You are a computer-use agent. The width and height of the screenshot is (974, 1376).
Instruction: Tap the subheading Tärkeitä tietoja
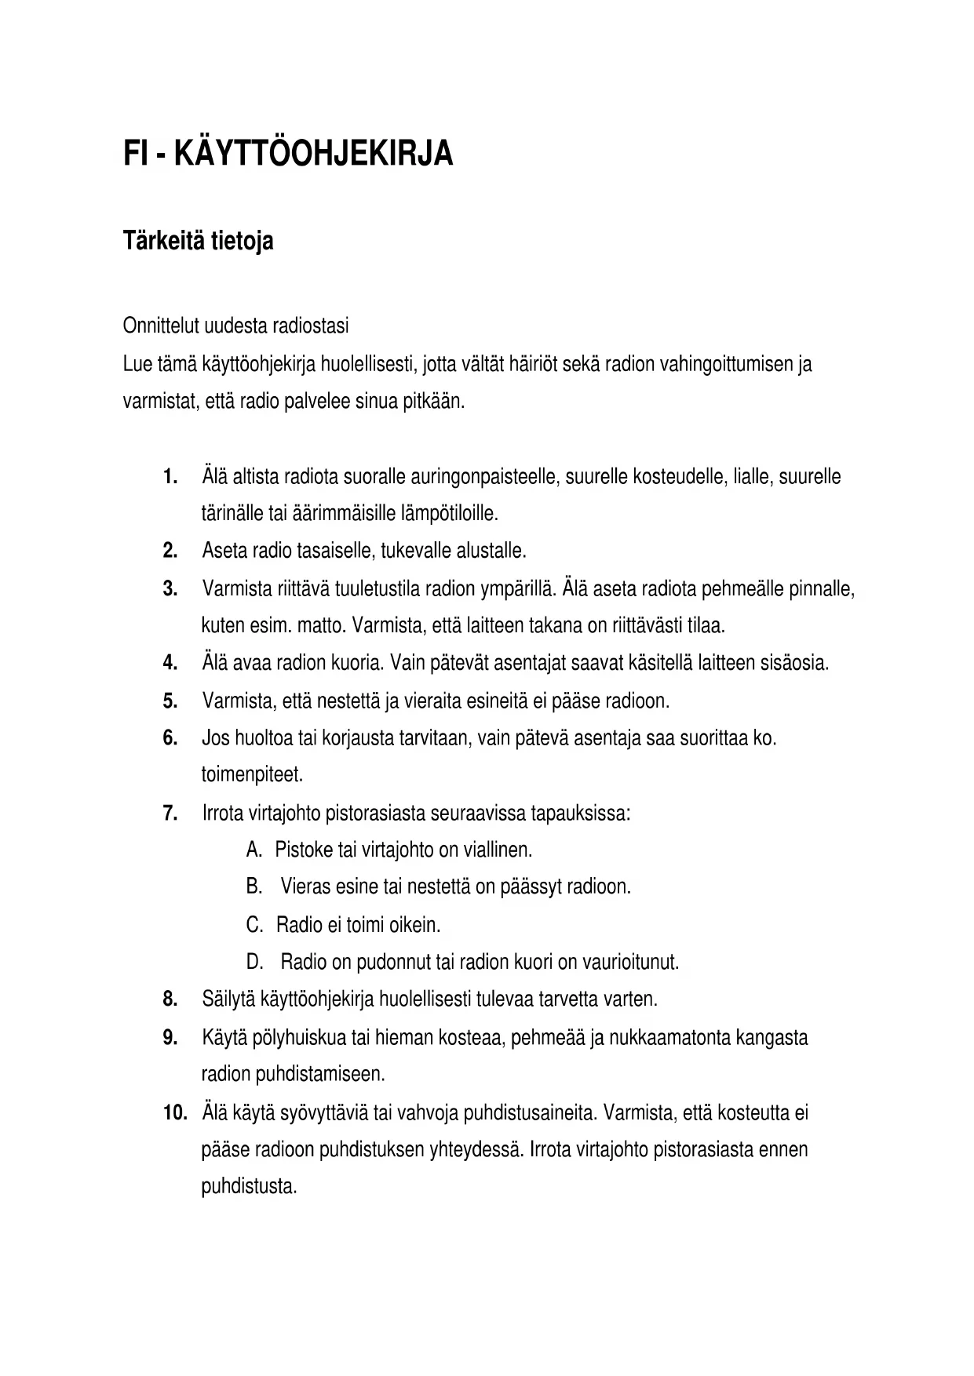[198, 241]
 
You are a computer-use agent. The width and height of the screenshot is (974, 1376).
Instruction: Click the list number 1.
[169, 477]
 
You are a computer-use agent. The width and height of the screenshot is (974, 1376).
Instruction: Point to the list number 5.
[170, 701]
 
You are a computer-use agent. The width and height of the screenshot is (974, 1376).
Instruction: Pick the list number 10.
[174, 1113]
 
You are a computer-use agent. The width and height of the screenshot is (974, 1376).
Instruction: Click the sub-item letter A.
[253, 850]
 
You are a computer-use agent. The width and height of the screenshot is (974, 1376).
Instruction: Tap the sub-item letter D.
[254, 962]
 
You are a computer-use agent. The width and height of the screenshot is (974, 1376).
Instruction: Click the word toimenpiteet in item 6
[251, 775]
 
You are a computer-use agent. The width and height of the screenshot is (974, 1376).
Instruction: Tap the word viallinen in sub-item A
[497, 850]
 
